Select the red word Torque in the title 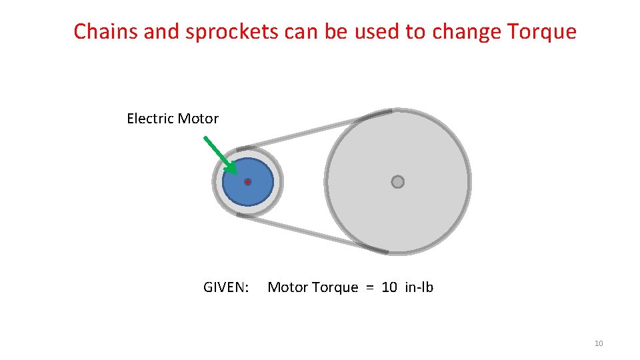(x=541, y=31)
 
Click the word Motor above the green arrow (x=197, y=119)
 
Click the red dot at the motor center (x=247, y=182)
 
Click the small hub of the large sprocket (x=397, y=182)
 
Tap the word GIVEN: (x=226, y=287)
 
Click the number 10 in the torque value (x=389, y=287)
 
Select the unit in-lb (x=419, y=287)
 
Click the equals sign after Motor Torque (x=370, y=287)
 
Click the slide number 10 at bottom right (x=598, y=343)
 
